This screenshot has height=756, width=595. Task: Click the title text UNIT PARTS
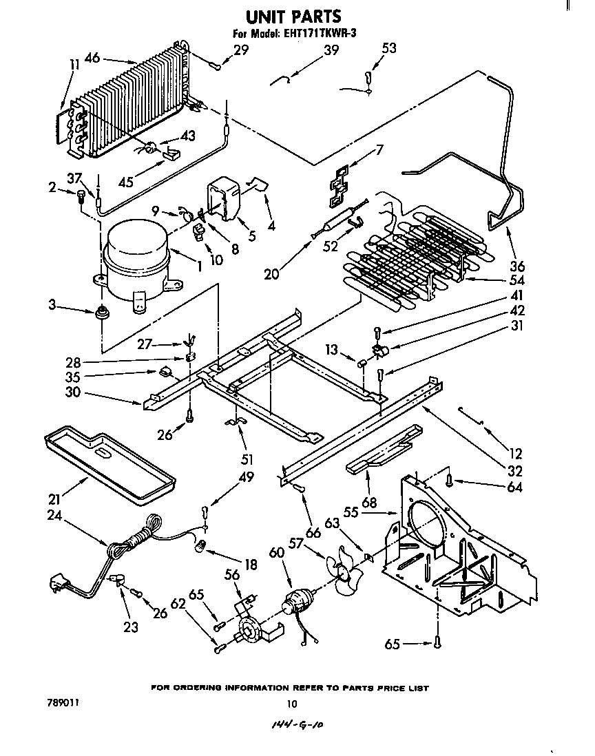[294, 15]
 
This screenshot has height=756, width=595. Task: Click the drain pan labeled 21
[107, 465]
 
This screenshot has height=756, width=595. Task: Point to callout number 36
[516, 266]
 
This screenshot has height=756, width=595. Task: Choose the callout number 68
[370, 503]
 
